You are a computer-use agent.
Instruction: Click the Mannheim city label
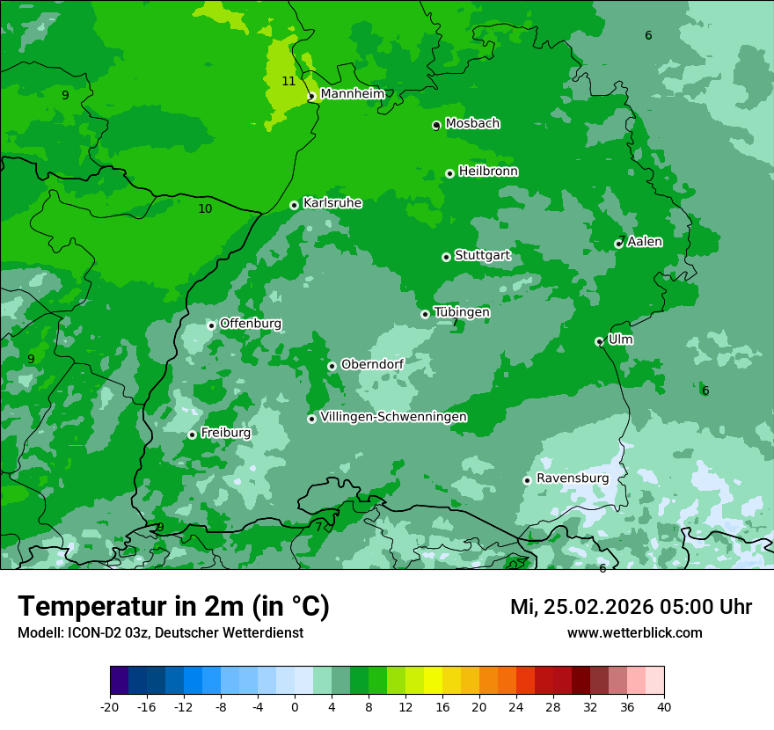353,93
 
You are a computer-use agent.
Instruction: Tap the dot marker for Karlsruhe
294,206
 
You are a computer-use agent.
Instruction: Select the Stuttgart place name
482,255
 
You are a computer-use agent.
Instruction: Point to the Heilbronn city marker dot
449,173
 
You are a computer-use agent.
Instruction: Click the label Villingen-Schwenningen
393,417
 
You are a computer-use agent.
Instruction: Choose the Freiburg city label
225,433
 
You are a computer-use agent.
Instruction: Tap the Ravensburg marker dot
527,480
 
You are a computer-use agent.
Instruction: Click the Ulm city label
620,339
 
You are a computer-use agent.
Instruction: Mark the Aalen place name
645,241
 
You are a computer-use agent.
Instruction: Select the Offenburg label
251,324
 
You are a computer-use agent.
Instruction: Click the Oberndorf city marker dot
332,366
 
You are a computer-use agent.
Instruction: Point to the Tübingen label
462,312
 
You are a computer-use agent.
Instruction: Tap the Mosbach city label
472,123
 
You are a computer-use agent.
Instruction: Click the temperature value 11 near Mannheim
288,81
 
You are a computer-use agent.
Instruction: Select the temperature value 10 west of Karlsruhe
205,208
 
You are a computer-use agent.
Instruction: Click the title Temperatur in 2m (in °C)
173,606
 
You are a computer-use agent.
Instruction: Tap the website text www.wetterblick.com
634,632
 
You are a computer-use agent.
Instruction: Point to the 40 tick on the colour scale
664,706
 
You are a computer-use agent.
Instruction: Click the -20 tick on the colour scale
110,706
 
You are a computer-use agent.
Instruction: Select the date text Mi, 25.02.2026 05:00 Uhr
631,607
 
